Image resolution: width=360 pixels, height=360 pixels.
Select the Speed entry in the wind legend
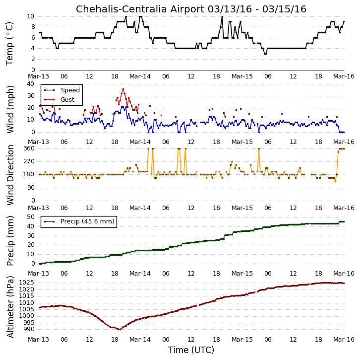pyautogui.click(x=70, y=90)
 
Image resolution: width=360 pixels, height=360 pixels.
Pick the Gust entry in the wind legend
pyautogui.click(x=67, y=99)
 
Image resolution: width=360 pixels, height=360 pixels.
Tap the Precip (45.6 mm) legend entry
pyautogui.click(x=87, y=221)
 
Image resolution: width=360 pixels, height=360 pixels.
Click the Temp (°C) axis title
pyautogui.click(x=9, y=44)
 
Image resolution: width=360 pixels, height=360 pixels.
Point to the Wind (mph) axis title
pyautogui.click(x=10, y=109)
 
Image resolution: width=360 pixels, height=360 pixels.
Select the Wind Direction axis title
pyautogui.click(x=10, y=175)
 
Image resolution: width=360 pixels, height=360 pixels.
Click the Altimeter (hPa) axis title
pyautogui.click(x=10, y=307)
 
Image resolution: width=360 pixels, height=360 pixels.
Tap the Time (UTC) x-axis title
pyautogui.click(x=191, y=350)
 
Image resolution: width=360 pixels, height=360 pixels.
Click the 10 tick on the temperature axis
pyautogui.click(x=31, y=16)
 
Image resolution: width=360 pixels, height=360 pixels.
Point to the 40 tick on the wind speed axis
pyautogui.click(x=31, y=84)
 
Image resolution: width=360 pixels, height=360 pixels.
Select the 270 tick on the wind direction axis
pyautogui.click(x=29, y=161)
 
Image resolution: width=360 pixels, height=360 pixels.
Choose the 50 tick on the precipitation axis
pyautogui.click(x=31, y=217)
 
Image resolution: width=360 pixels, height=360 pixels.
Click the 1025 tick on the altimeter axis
pyautogui.click(x=27, y=283)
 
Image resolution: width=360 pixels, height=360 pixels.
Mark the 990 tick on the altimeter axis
pyautogui.click(x=29, y=329)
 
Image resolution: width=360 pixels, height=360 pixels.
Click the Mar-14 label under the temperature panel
pyautogui.click(x=140, y=76)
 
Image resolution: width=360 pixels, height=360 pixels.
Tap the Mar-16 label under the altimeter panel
pyautogui.click(x=344, y=340)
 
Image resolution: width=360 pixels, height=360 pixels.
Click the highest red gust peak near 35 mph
pyautogui.click(x=123, y=89)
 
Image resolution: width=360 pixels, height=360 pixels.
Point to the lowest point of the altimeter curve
pyautogui.click(x=120, y=329)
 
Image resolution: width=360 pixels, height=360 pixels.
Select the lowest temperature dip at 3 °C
pyautogui.click(x=265, y=54)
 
